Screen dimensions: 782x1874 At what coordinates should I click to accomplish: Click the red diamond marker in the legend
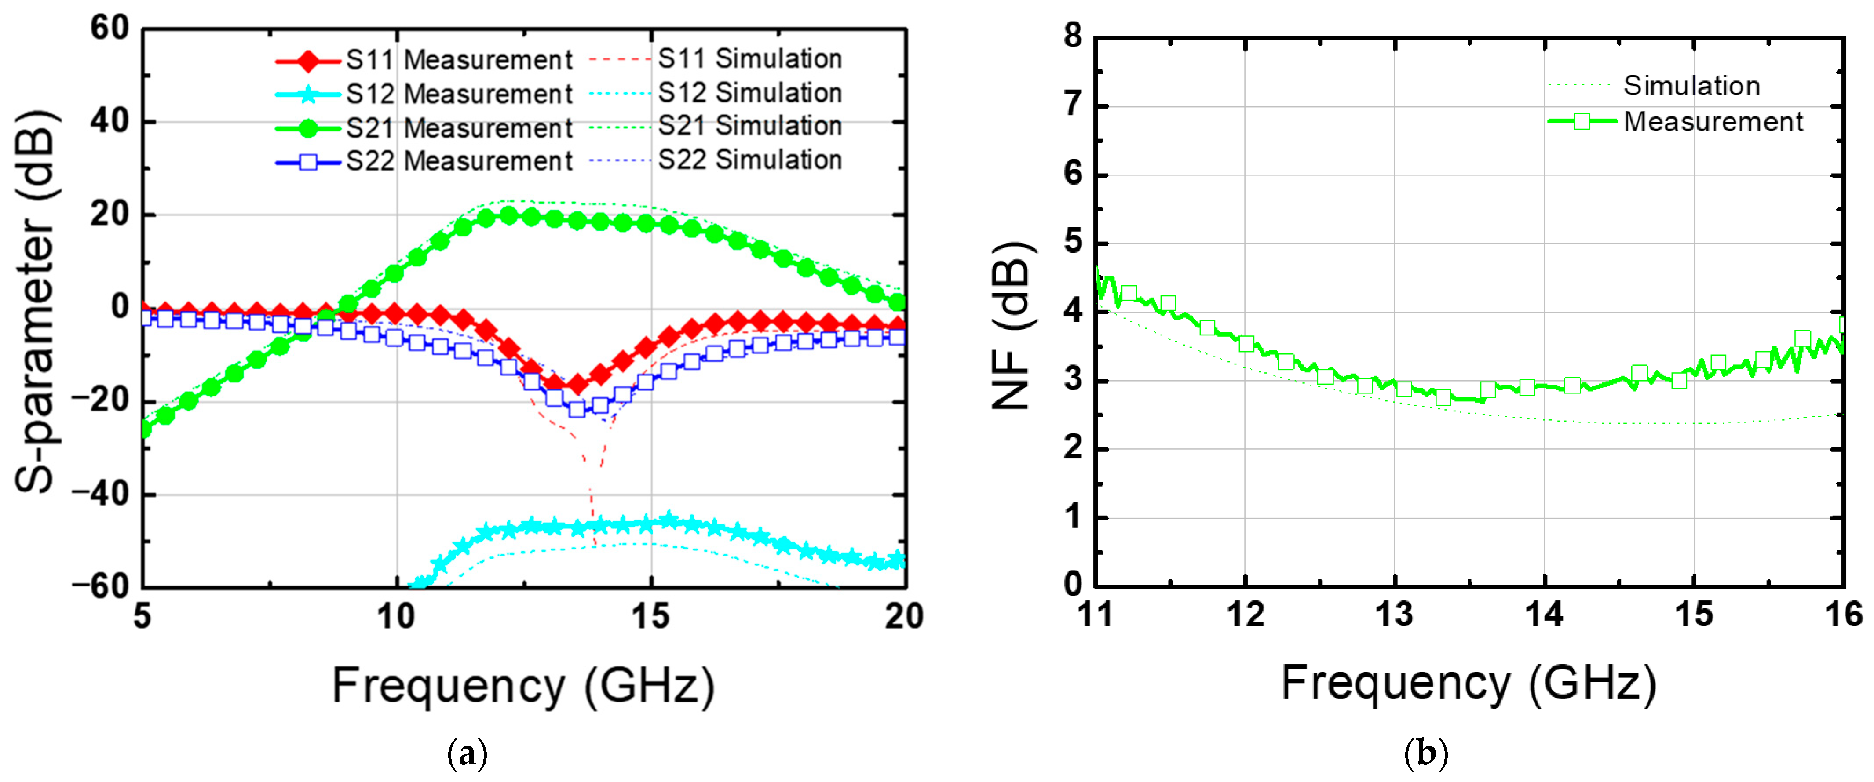point(308,60)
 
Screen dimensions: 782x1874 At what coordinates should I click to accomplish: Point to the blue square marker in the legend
point(308,161)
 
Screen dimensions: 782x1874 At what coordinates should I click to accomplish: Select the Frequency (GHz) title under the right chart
point(1468,684)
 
